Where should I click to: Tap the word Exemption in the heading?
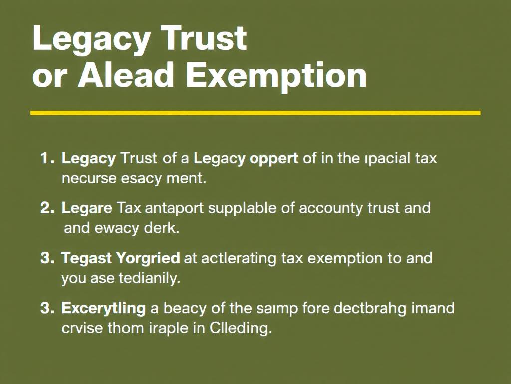(276, 76)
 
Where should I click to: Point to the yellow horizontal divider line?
(255, 113)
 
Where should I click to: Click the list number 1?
(46, 159)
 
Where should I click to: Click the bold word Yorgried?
(148, 258)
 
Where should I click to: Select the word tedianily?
(149, 278)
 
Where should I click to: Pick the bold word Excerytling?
(103, 308)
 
